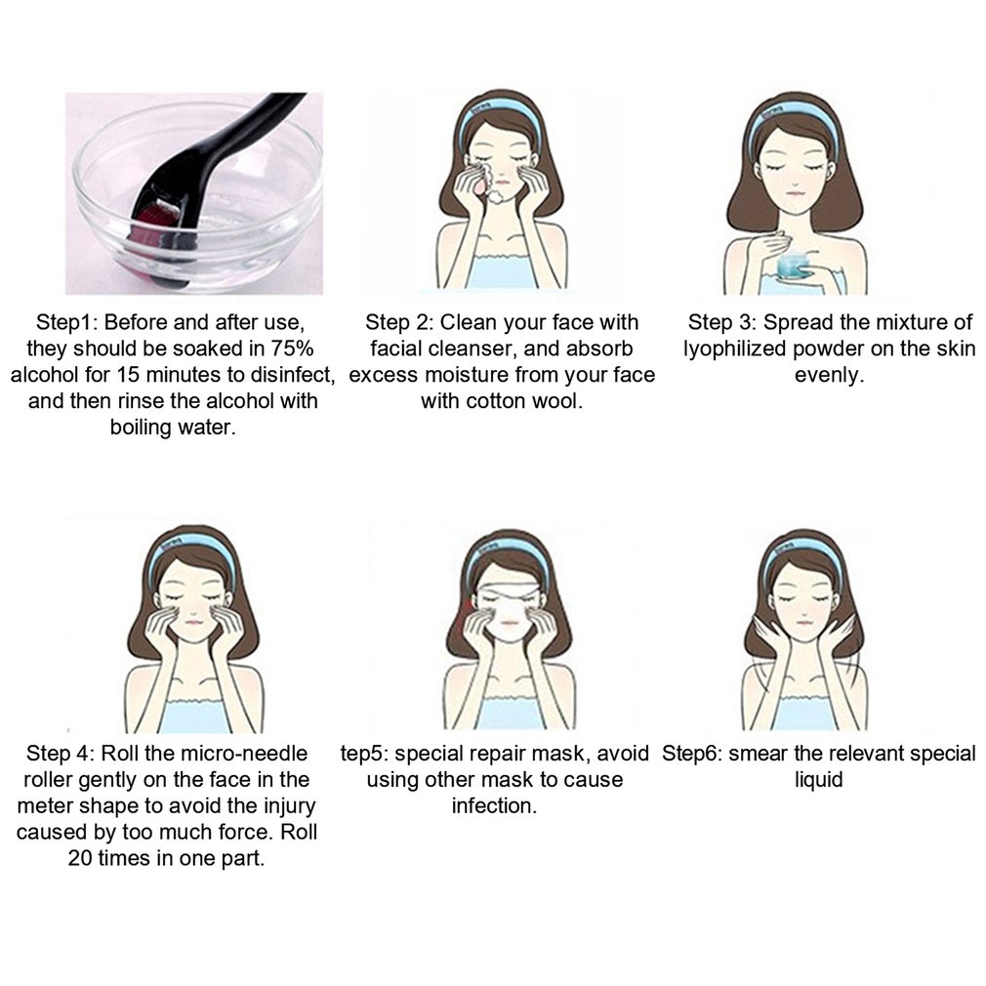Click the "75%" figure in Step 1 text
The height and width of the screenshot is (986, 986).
coord(292,349)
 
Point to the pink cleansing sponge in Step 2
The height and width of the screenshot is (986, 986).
coord(481,177)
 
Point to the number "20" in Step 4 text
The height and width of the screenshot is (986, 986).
coord(80,858)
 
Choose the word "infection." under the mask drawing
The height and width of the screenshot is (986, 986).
coord(494,806)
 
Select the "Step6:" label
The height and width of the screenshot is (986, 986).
coord(692,754)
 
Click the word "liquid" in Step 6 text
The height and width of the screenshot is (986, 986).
coord(818,780)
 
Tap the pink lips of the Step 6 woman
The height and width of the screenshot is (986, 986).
coord(804,623)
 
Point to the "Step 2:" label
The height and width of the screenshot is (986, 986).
coord(399,323)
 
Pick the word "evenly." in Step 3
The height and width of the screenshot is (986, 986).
coord(829,376)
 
